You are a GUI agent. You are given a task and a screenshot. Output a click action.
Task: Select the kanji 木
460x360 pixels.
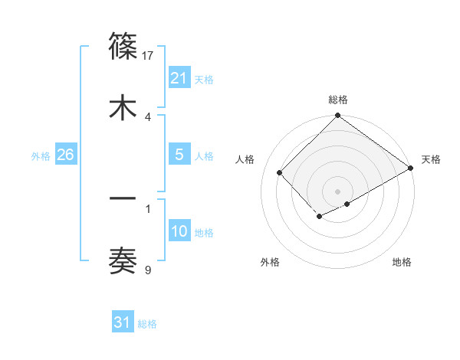pyautogui.click(x=123, y=106)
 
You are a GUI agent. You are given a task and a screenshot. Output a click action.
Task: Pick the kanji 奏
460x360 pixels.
pyautogui.click(x=123, y=260)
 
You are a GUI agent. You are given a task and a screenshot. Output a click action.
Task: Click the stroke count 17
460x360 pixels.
pyautogui.click(x=149, y=55)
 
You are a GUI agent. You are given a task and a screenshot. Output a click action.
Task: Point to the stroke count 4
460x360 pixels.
pyautogui.click(x=148, y=116)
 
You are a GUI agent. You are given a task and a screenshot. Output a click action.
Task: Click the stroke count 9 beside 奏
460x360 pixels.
pyautogui.click(x=148, y=269)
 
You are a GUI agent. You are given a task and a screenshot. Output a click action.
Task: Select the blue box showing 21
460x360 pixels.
pyautogui.click(x=179, y=78)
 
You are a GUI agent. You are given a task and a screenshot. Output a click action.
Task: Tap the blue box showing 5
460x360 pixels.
pyautogui.click(x=179, y=155)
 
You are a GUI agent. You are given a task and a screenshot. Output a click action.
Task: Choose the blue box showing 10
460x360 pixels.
pyautogui.click(x=179, y=231)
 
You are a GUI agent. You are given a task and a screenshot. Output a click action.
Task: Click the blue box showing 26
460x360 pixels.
pyautogui.click(x=65, y=155)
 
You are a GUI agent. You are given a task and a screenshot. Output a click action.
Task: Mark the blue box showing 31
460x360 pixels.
pyautogui.click(x=123, y=322)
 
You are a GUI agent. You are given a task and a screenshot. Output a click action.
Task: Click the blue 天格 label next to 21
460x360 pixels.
pyautogui.click(x=204, y=79)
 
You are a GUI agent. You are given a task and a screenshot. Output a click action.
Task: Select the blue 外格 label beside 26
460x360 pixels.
pyautogui.click(x=41, y=155)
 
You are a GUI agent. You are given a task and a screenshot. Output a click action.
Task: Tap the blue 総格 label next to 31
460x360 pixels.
pyautogui.click(x=147, y=323)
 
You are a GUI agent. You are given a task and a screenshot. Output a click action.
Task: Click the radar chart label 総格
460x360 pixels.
pyautogui.click(x=338, y=100)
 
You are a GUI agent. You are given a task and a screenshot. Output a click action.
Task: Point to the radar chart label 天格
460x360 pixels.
pyautogui.click(x=431, y=159)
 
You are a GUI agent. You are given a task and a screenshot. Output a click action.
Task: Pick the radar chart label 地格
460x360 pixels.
pyautogui.click(x=402, y=262)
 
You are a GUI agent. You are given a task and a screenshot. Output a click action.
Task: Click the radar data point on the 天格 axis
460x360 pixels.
pyautogui.click(x=411, y=168)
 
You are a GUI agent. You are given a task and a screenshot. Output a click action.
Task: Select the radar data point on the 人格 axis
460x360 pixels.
pyautogui.click(x=280, y=172)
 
